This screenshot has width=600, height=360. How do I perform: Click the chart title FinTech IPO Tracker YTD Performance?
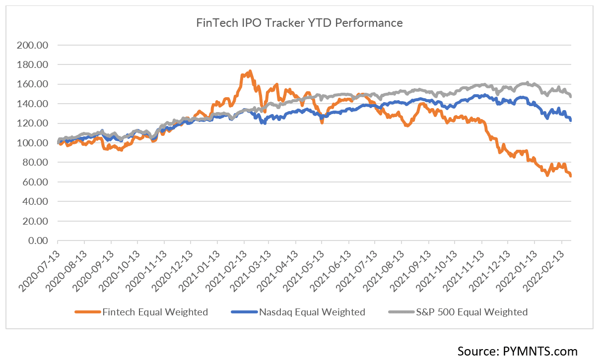point(300,23)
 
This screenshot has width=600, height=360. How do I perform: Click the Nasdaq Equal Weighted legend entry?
point(312,312)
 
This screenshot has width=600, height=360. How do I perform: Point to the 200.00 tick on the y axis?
point(32,45)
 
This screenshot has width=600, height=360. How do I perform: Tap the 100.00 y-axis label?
point(32,143)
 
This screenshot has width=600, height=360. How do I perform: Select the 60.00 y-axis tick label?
point(34,182)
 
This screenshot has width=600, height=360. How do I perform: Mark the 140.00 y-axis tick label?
point(32,104)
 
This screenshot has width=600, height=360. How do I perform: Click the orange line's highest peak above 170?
point(250,71)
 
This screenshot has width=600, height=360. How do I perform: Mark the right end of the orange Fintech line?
point(571,176)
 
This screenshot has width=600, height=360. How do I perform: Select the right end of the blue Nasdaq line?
point(571,120)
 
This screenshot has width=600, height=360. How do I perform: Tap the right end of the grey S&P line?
point(571,96)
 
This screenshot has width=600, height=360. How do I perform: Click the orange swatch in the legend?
point(87,312)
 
